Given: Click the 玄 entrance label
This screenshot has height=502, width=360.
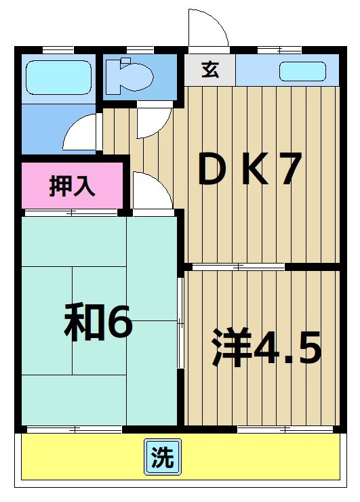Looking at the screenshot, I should tap(209, 70).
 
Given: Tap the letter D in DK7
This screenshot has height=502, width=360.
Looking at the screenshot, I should tap(212, 171).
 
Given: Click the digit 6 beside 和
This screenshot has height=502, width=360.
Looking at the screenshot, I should tap(120, 325).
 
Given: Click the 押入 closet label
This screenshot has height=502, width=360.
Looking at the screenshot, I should tap(72, 186).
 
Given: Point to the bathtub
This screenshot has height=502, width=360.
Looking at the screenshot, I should tap(58, 78).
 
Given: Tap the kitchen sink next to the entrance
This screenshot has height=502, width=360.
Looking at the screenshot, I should tap(302, 70).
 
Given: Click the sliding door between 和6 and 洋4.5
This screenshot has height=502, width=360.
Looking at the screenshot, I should tap(181, 322).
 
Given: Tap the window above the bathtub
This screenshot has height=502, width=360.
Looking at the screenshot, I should tap(58, 49).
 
